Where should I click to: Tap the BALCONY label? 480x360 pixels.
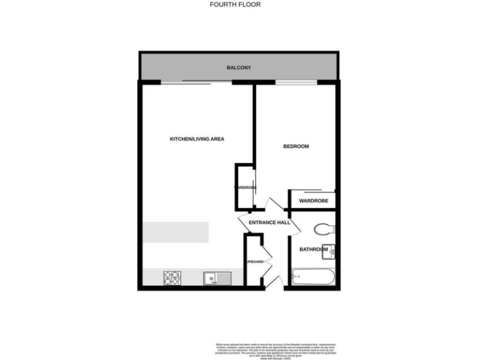point(239,67)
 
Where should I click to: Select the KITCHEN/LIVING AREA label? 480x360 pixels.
point(197,139)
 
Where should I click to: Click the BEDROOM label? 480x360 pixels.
point(296,146)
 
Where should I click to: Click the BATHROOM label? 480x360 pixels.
point(313,249)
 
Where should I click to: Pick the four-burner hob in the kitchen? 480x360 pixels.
point(172,277)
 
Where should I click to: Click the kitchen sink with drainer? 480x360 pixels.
point(217,277)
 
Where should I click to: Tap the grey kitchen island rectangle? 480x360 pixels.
point(175,232)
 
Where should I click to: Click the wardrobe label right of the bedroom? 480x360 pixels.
point(313,201)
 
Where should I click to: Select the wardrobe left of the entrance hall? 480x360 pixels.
point(244,187)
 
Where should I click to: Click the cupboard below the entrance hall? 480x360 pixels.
point(253,261)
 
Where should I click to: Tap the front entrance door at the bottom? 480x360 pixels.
point(274,281)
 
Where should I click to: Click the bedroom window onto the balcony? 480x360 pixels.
point(296,82)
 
